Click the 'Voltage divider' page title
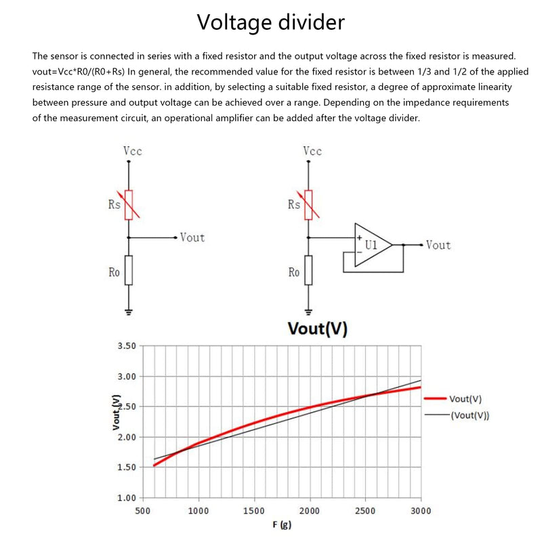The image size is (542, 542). coord(270,22)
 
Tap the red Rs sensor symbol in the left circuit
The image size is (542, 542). coord(129,205)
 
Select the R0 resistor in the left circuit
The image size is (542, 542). coord(129,270)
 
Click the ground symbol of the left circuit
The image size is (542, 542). coord(129,312)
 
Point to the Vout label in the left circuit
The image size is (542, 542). coord(192,238)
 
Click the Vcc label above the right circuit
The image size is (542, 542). coord(312,151)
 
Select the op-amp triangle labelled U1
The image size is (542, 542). coord(373,245)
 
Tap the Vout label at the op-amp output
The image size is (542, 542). coord(438,245)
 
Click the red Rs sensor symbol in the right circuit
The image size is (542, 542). coord(308,205)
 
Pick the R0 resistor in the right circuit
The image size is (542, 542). coord(308,270)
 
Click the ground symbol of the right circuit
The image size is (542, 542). coord(308,312)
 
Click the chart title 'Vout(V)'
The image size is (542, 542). coord(317,329)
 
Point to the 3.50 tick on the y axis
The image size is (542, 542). coord(127,346)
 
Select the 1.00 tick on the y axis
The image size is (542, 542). coord(127,498)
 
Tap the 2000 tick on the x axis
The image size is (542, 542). coord(310,511)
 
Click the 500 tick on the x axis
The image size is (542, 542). coord(142,511)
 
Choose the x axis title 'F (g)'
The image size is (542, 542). coord(282,524)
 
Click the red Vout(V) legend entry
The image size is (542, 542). coord(453,398)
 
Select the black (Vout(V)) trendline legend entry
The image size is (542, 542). coord(457,415)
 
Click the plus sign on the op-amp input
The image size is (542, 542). coord(360,238)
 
